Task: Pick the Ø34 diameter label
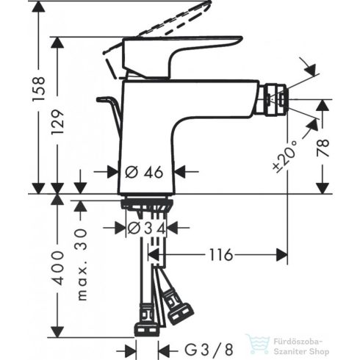coord(148,228)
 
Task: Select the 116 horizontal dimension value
coord(220,255)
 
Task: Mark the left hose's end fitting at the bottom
coord(145,322)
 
